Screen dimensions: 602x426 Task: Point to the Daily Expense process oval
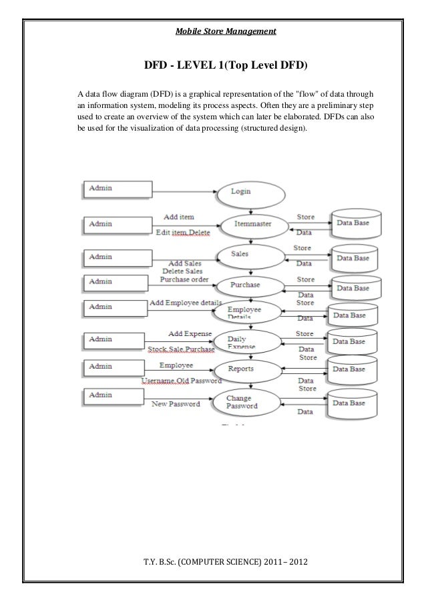246,343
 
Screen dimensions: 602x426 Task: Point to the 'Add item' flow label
178,218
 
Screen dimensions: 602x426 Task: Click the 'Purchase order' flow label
184,280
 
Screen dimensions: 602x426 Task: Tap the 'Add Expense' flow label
190,333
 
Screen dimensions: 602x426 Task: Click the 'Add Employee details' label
186,303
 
